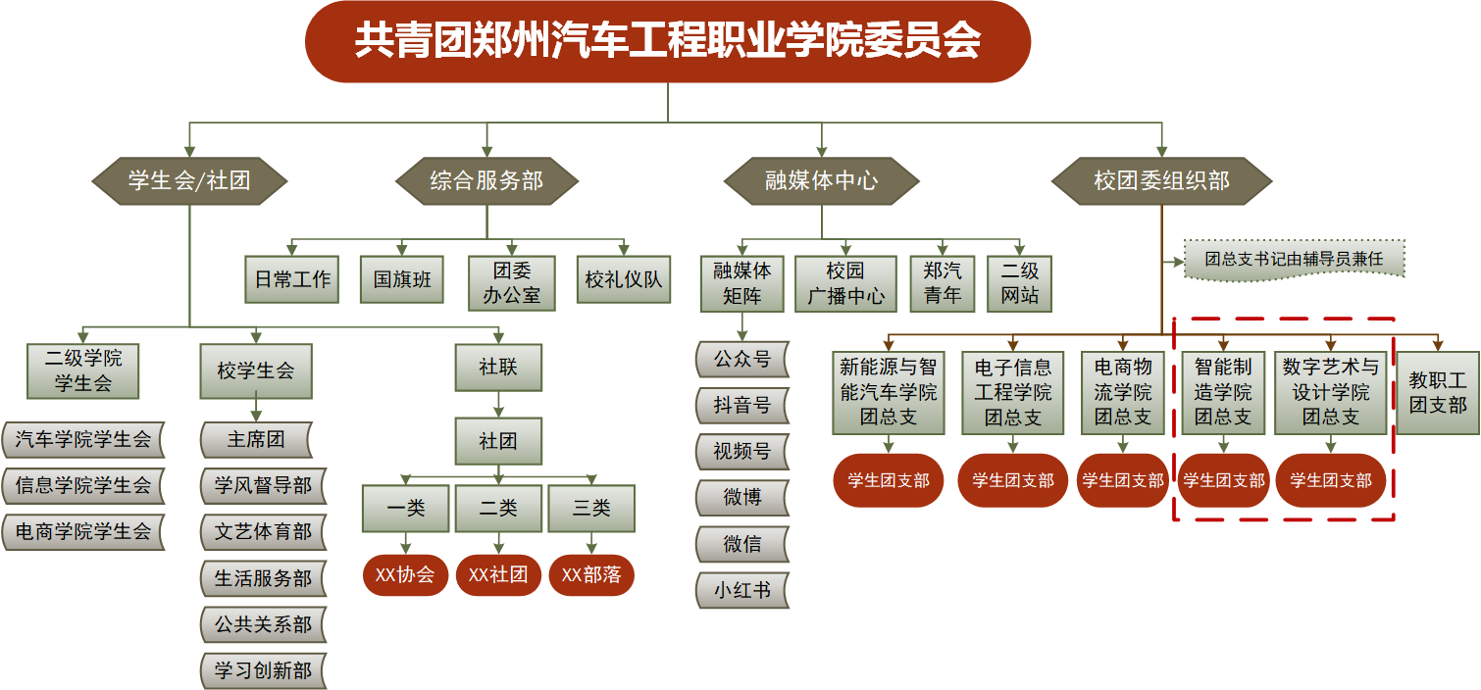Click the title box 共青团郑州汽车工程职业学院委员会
pos(667,41)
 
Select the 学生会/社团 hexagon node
pos(189,180)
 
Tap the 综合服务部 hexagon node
pos(486,180)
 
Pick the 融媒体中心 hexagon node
pos(821,180)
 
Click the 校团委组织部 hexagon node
pos(1161,180)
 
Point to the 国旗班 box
pos(402,280)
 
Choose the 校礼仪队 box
pos(623,280)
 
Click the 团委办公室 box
pos(511,282)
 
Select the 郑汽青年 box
pos(943,283)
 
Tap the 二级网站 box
pos(1019,283)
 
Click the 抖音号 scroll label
pos(741,405)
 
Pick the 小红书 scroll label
pos(741,590)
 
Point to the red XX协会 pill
pos(405,574)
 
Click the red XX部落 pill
pos(591,574)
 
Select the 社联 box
pos(498,368)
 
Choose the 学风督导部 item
pos(263,486)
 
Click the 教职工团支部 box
pos(1437,392)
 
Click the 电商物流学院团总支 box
pos(1123,392)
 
